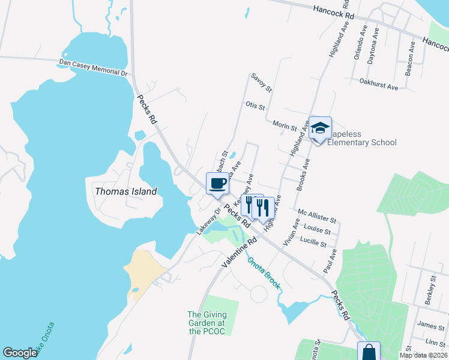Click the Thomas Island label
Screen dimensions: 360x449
pyautogui.click(x=125, y=191)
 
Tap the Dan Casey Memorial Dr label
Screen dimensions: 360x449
pyautogui.click(x=94, y=68)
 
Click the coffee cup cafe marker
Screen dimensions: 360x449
pyautogui.click(x=217, y=184)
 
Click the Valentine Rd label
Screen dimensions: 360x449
pyautogui.click(x=239, y=252)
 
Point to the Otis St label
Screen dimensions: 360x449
pyautogui.click(x=255, y=106)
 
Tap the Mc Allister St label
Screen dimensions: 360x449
pyautogui.click(x=317, y=217)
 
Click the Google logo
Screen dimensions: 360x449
pyautogui.click(x=20, y=353)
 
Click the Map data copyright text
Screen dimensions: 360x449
pyautogui.click(x=423, y=355)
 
